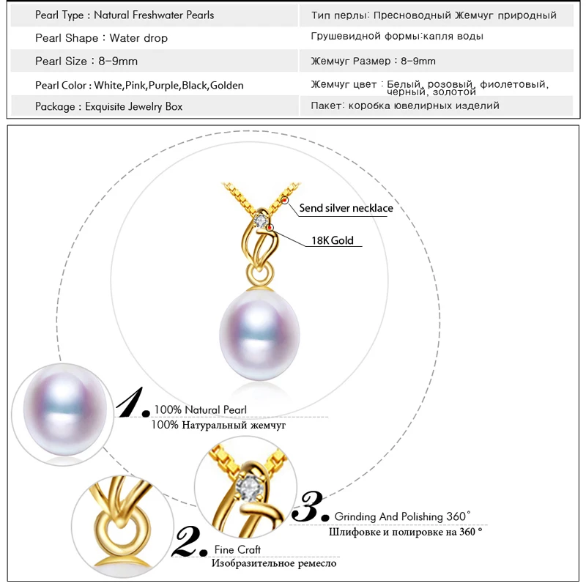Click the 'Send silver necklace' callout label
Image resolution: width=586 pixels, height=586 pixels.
pos(346,208)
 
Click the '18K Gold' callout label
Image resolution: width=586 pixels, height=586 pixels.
pos(332,240)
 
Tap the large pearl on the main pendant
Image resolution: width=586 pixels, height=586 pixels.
pos(254,330)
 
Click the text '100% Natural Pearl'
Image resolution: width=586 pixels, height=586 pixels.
pos(200,409)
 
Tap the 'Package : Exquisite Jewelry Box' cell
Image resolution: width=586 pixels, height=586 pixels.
pos(108,106)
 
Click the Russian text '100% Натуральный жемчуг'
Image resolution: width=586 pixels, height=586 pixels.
pos(218,425)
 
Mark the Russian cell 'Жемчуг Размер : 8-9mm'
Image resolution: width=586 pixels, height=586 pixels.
pos(373,61)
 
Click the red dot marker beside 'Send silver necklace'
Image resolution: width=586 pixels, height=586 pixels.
pos(284,200)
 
